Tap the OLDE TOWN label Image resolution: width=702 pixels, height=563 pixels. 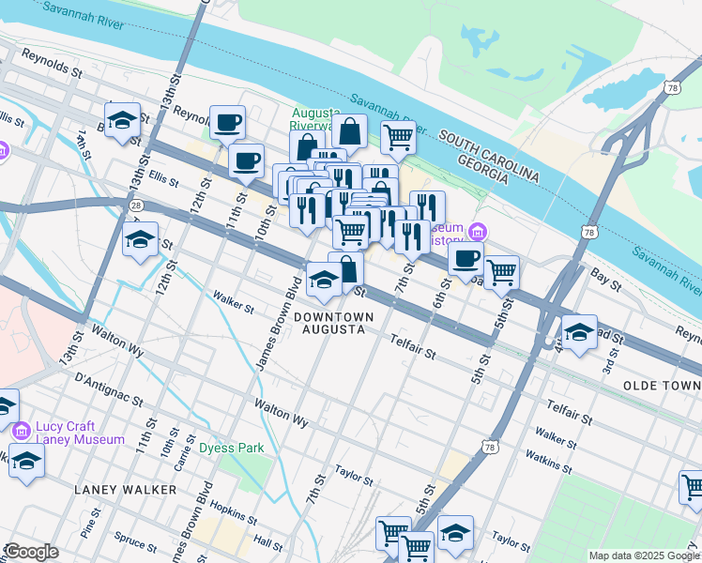(x=662, y=386)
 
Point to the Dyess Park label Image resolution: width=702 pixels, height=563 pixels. (x=231, y=449)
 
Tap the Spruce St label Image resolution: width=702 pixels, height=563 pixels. (x=130, y=540)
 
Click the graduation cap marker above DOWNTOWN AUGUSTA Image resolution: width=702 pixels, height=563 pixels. (x=325, y=280)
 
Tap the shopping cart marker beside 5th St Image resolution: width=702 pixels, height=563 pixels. (x=502, y=272)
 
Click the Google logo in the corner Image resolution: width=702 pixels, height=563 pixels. (x=31, y=552)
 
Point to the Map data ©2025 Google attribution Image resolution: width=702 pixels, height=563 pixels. (x=643, y=555)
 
